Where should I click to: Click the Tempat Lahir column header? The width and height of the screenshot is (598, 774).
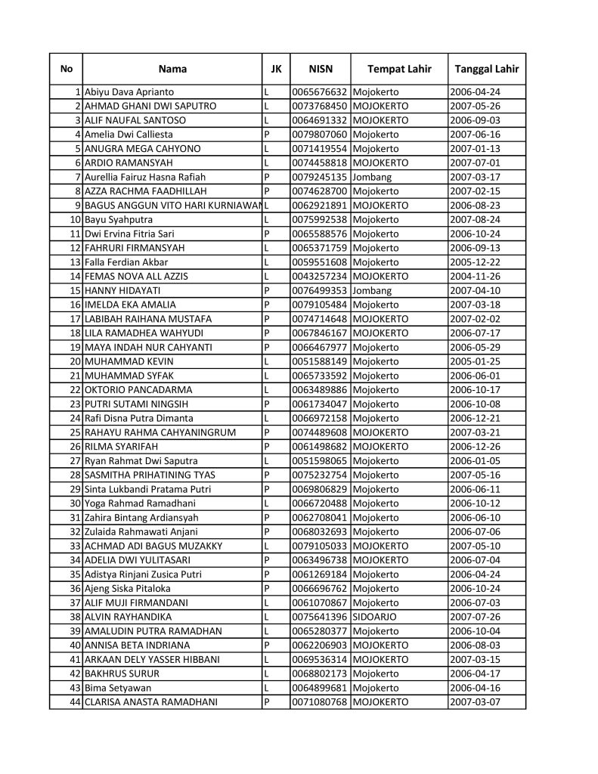click(x=399, y=70)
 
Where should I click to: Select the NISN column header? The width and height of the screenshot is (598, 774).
click(x=321, y=70)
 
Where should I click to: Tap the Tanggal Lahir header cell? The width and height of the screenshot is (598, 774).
click(x=486, y=70)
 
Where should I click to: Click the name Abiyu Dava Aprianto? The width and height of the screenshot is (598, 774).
click(x=129, y=92)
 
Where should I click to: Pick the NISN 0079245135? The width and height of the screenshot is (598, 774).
click(x=320, y=177)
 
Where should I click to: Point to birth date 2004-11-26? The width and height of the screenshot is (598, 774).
click(x=476, y=277)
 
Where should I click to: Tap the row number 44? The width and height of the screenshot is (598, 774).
click(x=76, y=702)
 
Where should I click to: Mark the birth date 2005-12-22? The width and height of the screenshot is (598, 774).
click(x=476, y=262)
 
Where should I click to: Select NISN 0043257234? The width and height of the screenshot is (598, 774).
click(x=320, y=277)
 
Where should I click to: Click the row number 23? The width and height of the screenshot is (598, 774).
click(x=76, y=404)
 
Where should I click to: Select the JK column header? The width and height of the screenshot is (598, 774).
click(x=275, y=70)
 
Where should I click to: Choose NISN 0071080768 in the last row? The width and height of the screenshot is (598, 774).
click(x=320, y=702)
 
